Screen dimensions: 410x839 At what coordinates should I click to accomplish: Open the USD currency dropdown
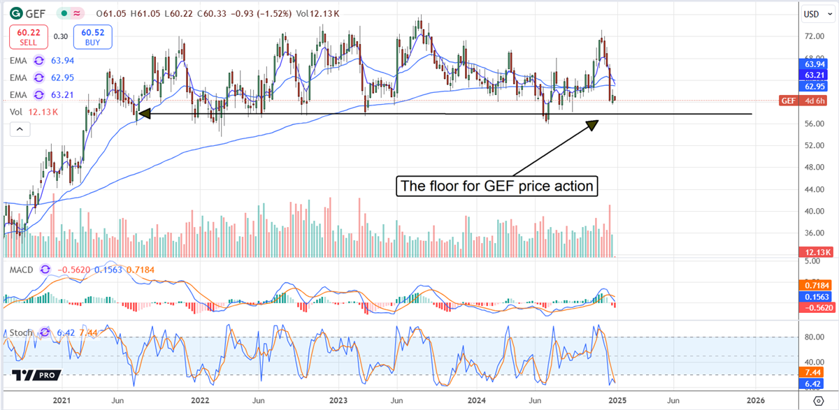814,13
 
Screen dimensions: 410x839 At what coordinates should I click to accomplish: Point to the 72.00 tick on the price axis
813,36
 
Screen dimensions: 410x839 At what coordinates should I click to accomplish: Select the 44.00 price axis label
813,189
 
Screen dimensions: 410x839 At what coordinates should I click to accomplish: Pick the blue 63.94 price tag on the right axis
816,64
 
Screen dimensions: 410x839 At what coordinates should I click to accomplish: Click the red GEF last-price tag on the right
788,101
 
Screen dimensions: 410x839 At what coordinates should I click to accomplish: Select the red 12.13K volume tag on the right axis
816,251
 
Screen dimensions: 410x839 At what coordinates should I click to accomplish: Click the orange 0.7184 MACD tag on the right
816,286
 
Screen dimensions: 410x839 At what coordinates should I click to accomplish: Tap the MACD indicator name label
20,269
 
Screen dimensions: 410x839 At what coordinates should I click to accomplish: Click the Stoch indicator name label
20,332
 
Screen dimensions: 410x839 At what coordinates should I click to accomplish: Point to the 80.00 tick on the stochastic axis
813,337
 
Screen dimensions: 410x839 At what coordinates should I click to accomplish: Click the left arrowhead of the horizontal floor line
143,112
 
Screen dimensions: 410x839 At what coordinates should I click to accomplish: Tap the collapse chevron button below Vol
20,129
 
